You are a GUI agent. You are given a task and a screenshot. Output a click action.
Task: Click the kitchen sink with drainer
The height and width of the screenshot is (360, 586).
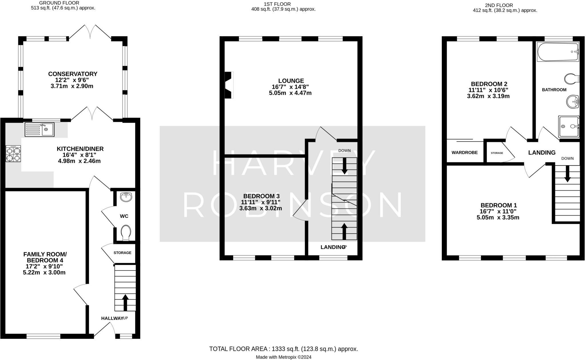coord(39,130)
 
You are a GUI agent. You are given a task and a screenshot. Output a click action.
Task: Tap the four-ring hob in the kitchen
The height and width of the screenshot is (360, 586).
coord(13,154)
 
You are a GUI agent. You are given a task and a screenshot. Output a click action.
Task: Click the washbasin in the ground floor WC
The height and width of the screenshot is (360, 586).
coord(126,197)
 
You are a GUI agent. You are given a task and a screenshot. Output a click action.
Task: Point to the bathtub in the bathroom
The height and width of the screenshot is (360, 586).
coord(558,52)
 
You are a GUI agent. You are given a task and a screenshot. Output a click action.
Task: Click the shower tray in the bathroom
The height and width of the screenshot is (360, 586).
coord(569,126)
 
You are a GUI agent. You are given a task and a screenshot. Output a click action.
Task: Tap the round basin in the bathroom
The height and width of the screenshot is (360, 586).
coord(573,102)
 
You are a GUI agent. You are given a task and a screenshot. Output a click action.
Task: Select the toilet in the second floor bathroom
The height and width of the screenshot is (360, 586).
coord(572,78)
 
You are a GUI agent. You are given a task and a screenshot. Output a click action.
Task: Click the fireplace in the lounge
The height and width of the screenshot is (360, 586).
coord(229,85)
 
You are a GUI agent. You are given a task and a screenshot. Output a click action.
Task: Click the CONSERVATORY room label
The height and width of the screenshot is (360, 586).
coord(73,74)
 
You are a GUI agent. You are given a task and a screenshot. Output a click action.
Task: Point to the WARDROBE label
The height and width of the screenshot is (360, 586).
coord(464,153)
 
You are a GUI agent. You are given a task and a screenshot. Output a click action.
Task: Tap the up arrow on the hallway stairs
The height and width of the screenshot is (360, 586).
coord(125,303)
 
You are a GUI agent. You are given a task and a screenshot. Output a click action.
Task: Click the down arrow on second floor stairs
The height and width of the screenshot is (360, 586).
coord(567,173)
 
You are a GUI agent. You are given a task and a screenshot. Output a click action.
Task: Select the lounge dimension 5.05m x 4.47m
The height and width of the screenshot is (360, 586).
coord(290,93)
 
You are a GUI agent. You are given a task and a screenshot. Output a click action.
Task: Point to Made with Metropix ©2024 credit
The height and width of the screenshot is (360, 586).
coord(283,357)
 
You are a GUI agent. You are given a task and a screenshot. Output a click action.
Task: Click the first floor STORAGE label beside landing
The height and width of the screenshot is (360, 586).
coord(497,153)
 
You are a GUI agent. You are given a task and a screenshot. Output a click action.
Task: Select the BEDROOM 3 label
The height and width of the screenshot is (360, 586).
coord(261,196)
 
